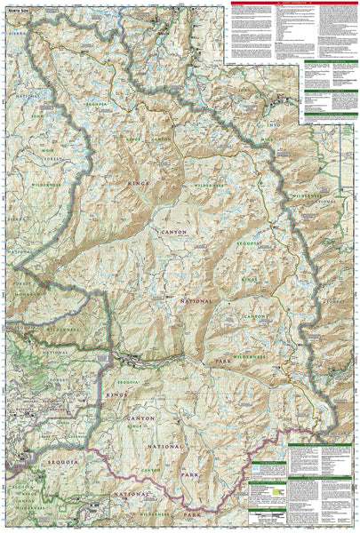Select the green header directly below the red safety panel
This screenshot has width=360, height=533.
(324, 62)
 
